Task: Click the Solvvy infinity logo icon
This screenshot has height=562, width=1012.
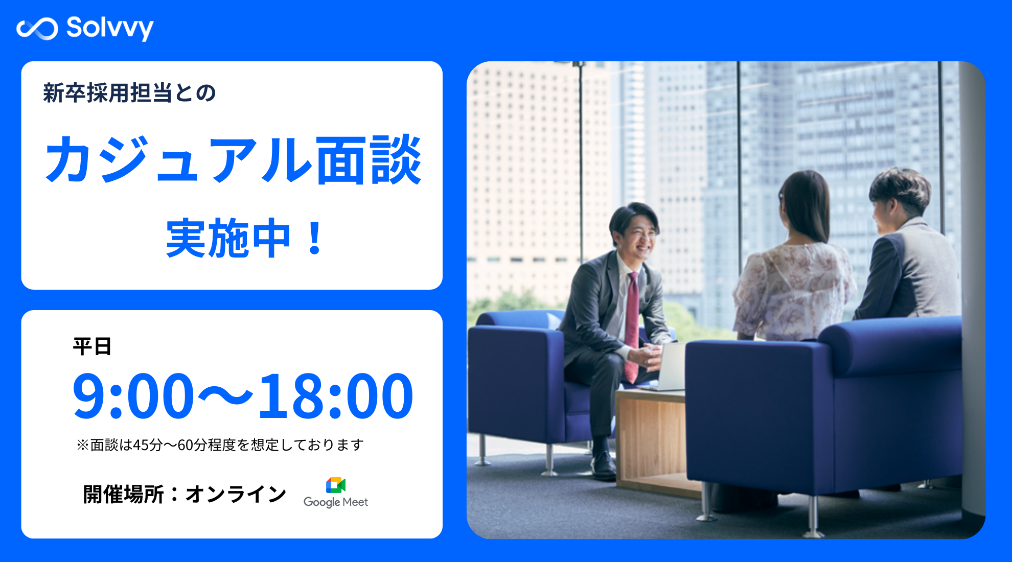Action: coord(37,29)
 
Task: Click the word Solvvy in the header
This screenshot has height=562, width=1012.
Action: coord(110,29)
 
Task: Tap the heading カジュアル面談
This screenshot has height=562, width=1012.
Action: coord(233,160)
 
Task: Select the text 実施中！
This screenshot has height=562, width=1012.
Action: coord(245,238)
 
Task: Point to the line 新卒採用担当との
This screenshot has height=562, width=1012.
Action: coord(129,93)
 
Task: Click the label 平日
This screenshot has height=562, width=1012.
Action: coord(92,346)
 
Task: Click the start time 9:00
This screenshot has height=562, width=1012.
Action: coord(133,395)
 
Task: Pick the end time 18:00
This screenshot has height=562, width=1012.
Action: coord(336,395)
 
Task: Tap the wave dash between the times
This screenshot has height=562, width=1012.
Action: coord(225,395)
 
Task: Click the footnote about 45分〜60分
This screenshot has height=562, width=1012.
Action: coord(220,445)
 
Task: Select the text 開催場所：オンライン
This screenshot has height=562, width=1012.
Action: coord(185,494)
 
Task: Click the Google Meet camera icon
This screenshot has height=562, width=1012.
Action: coord(336,485)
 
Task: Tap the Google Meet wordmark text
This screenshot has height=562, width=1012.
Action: coord(336,502)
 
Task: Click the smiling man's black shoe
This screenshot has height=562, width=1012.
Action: coord(603,465)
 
